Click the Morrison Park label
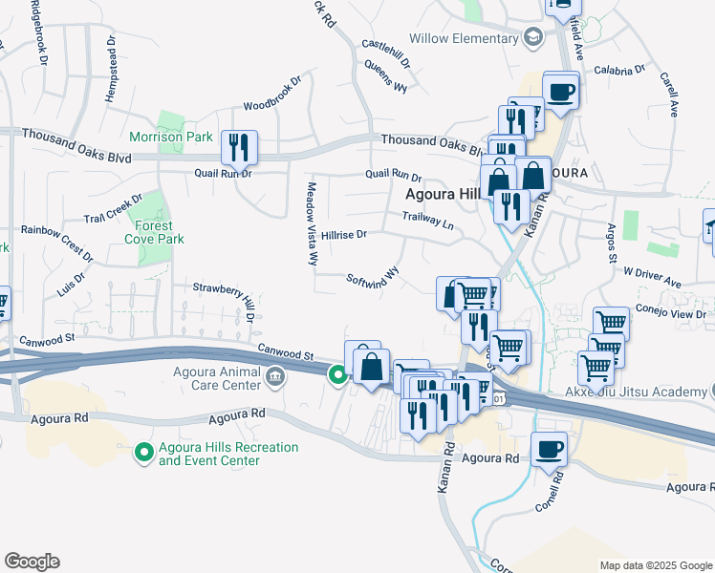[x=171, y=138]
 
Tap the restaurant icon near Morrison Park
[x=239, y=147]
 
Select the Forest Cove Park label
[x=154, y=233]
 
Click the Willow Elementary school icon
[x=533, y=38]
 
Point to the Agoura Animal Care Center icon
[x=275, y=378]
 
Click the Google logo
[x=32, y=562]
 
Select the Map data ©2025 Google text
[x=656, y=565]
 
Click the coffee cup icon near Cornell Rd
[x=549, y=449]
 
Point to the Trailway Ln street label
[x=427, y=221]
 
